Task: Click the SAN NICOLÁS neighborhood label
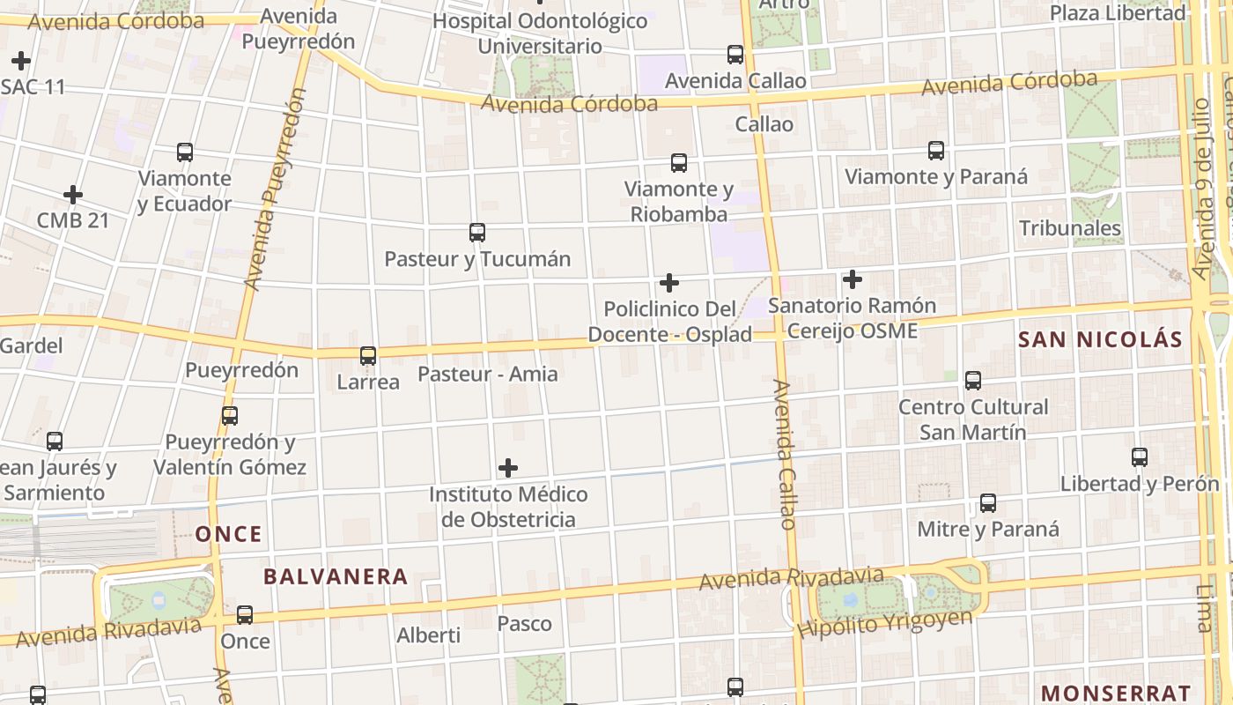coord(1100,340)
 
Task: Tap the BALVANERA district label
coord(336,577)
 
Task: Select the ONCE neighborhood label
coord(229,534)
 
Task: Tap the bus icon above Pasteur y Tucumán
coord(477,233)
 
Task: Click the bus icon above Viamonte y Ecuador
coord(185,152)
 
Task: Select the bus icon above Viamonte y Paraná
coord(936,151)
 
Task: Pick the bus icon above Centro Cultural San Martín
coord(973,381)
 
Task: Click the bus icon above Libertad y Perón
coord(1140,457)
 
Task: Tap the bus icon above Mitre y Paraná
coord(988,503)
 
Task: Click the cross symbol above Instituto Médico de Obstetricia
coord(508,468)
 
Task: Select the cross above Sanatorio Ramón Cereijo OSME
coord(852,280)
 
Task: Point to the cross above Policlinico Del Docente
coord(669,283)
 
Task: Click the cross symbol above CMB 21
coord(73,195)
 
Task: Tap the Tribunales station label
coord(1070,228)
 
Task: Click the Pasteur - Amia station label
coord(487,374)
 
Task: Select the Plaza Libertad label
coord(1118,13)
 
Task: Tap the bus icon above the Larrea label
coord(368,356)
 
